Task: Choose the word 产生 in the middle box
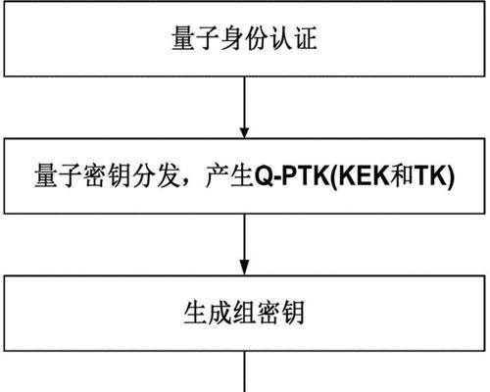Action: tap(230, 176)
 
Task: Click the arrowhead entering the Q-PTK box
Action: tap(244, 133)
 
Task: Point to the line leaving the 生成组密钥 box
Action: tap(244, 371)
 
